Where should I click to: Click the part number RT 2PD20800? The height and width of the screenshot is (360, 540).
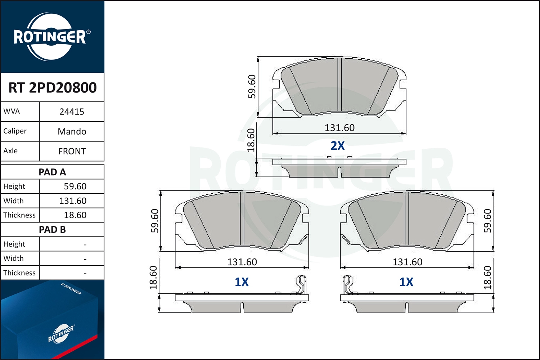53,87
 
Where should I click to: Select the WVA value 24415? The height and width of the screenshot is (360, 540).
72,112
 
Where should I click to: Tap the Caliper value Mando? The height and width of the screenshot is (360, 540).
72,131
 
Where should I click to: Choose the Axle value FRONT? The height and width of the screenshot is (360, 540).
72,151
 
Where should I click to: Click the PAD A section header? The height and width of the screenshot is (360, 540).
52,172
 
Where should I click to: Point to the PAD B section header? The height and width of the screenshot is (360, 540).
52,230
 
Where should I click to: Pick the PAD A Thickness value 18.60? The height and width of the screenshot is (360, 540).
75,215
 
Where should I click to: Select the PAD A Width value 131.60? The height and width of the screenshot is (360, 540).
73,201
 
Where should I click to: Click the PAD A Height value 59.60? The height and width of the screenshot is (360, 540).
75,186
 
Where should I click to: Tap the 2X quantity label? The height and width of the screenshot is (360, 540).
338,146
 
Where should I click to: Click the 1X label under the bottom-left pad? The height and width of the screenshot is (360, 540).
242,282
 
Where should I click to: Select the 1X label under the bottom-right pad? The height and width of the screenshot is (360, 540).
406,282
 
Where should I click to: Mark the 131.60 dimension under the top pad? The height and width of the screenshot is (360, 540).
339,128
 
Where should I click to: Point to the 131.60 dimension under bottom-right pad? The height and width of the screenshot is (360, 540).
407,262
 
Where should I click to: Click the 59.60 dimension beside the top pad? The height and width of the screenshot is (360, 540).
252,86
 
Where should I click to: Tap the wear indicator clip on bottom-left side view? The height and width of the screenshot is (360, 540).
301,284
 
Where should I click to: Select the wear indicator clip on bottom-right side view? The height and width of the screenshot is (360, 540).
347,284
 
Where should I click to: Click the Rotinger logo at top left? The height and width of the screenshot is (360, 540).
50,37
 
